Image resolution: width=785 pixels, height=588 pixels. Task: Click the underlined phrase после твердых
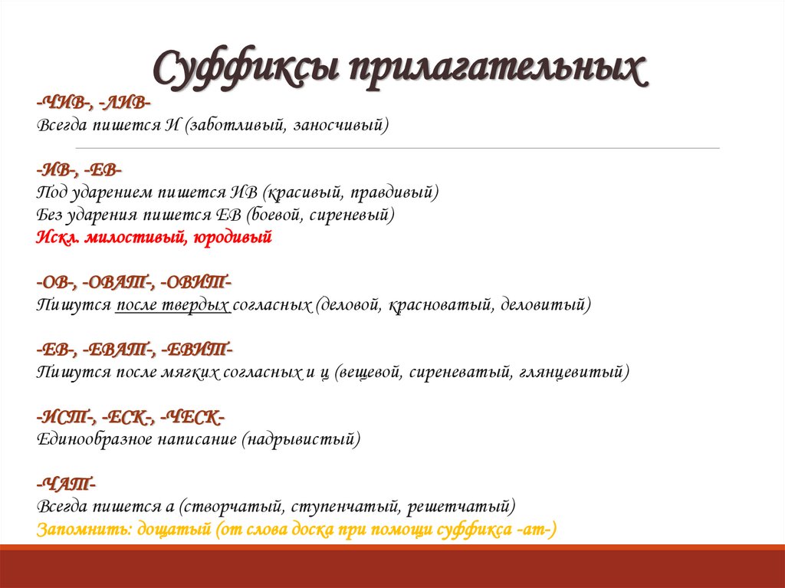173,305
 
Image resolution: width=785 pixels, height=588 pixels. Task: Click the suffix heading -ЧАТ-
65,485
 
